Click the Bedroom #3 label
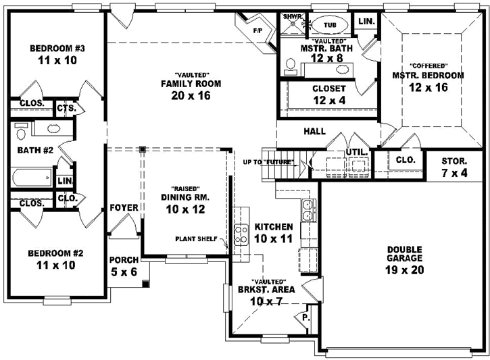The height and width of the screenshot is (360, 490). pyautogui.click(x=56, y=49)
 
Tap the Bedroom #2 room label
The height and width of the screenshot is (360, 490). pyautogui.click(x=55, y=253)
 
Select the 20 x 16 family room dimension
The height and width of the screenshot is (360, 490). pyautogui.click(x=191, y=96)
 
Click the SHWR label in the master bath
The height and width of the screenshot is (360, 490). pyautogui.click(x=292, y=16)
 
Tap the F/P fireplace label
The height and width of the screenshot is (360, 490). pyautogui.click(x=258, y=30)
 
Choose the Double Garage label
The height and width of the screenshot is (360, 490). pyautogui.click(x=404, y=253)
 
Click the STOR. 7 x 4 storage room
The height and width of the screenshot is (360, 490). pyautogui.click(x=454, y=167)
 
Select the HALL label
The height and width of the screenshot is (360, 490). pyautogui.click(x=314, y=131)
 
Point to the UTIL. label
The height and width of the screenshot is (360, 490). pyautogui.click(x=356, y=152)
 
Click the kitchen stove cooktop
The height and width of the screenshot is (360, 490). pyautogui.click(x=241, y=235)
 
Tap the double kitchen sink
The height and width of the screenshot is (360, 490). pyautogui.click(x=307, y=210)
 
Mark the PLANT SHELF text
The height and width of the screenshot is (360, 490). pyautogui.click(x=196, y=238)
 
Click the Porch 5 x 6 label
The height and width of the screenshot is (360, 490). pyautogui.click(x=124, y=265)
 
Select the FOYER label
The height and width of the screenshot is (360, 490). pyautogui.click(x=124, y=207)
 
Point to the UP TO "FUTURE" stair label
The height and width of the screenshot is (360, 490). pyautogui.click(x=272, y=162)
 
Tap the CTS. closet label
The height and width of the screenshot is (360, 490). pyautogui.click(x=66, y=107)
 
